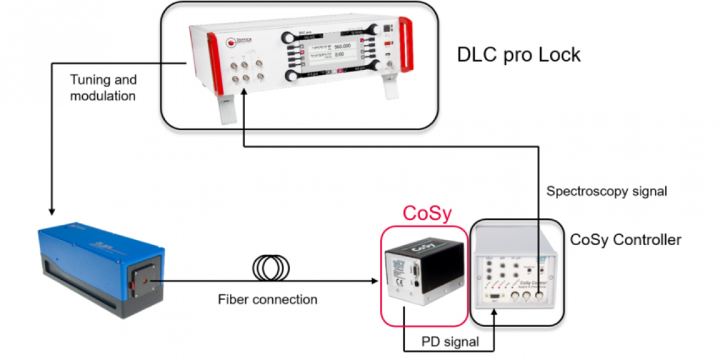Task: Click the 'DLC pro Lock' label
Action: [518, 55]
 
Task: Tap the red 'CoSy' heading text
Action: [427, 213]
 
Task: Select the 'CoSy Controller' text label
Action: [625, 240]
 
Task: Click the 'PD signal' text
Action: [450, 342]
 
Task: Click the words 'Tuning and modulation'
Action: [103, 88]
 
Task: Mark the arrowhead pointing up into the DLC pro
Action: [243, 96]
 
